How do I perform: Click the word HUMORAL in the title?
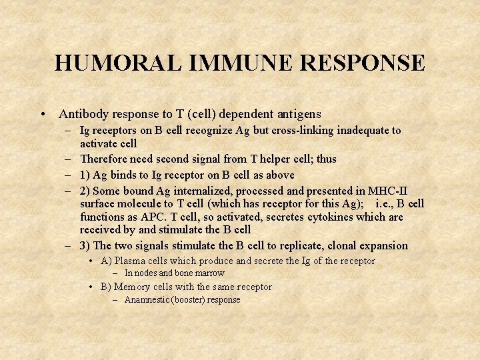tap(117, 63)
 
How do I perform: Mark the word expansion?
tap(383, 246)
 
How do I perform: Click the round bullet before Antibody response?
tap(42, 115)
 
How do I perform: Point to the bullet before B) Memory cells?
tap(91, 287)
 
